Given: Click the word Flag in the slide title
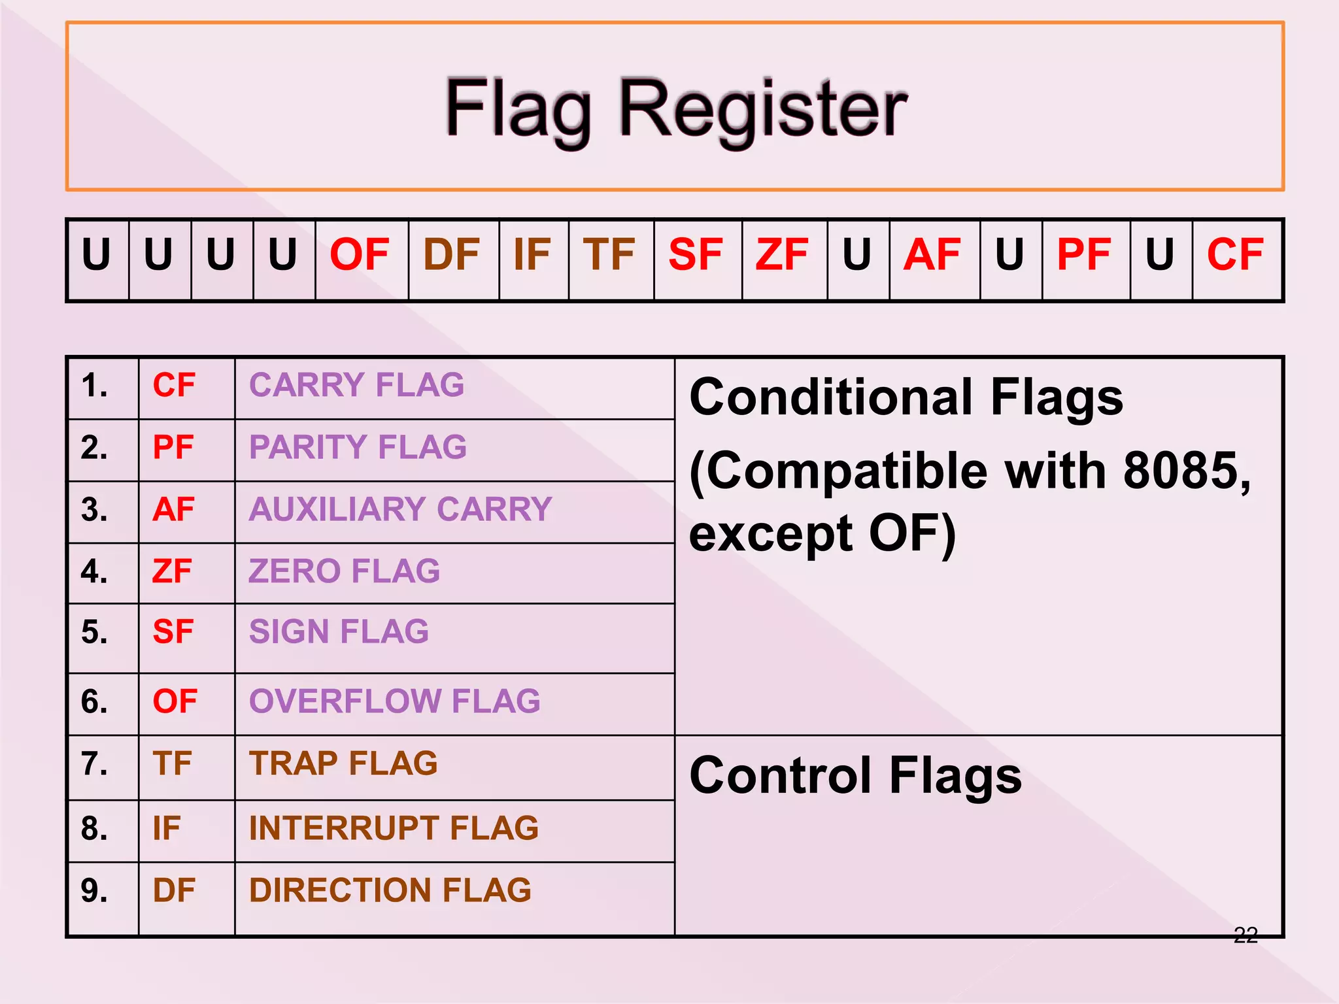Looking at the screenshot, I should coord(518,109).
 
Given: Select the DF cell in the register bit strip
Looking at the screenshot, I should coord(452,255).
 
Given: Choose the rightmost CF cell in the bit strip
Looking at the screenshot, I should coord(1235,255).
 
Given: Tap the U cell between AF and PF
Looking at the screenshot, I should coord(1009,255).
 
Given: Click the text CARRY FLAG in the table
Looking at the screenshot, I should coord(357,385).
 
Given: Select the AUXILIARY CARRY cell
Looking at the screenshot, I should coord(401,509).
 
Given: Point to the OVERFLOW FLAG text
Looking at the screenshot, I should coord(395,701).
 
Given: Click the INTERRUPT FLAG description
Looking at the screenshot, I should coord(394,828).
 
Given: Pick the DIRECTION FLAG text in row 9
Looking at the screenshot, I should coord(390,890).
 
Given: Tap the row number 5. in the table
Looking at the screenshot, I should coord(95,633).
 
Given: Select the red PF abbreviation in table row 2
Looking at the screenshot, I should coord(173,448).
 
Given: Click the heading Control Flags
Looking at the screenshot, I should coord(855,777).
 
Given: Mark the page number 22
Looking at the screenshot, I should coord(1246,935).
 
